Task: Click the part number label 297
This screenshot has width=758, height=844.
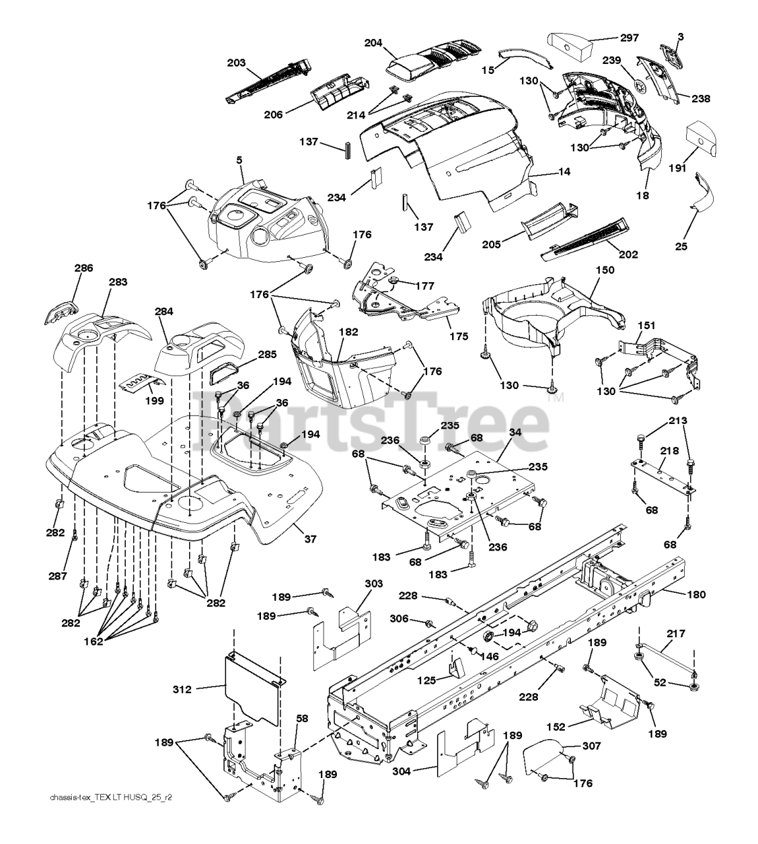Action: tap(629, 38)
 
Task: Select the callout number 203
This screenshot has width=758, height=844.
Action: tap(236, 63)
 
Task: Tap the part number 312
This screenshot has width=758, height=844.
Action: tap(183, 690)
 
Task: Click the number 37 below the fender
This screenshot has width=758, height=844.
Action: tap(310, 539)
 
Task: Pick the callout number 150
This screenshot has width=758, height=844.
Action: tap(605, 270)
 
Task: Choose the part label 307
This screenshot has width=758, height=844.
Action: tap(592, 746)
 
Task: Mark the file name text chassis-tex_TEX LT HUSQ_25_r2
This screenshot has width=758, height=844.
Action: tap(111, 797)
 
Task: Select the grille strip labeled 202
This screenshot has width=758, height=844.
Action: tap(585, 239)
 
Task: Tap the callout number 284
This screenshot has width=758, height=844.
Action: tap(163, 312)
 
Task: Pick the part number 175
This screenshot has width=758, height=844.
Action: tap(459, 336)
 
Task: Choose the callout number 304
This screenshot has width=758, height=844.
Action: tap(401, 771)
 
